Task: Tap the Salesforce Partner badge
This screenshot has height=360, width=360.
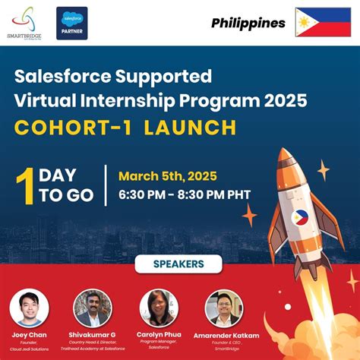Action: coord(72,23)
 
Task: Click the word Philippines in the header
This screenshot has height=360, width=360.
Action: coord(248,23)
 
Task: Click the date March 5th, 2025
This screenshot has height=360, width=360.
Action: coord(163,175)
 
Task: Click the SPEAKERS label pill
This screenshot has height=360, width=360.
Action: coord(179,264)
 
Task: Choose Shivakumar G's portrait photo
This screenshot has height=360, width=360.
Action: coord(93,308)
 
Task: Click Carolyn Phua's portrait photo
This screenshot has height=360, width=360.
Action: coord(159,308)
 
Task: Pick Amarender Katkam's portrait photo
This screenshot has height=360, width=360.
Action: coord(225,308)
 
